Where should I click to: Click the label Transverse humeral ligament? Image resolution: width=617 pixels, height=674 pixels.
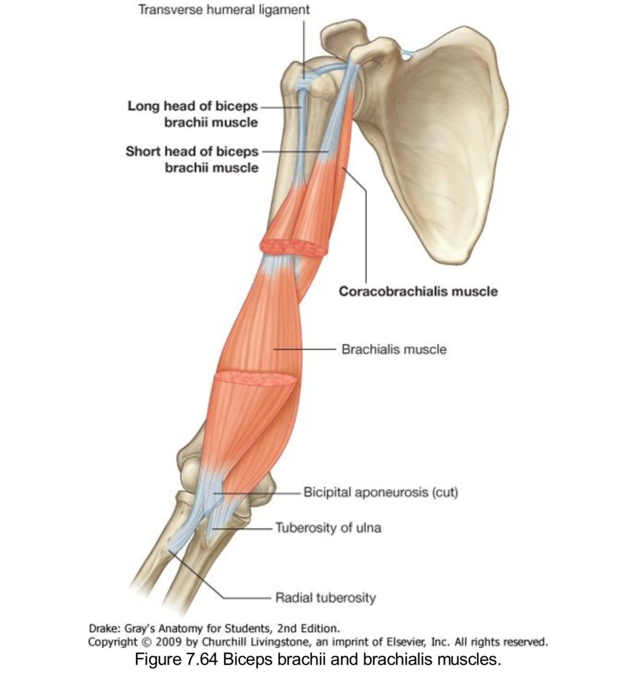tap(224, 9)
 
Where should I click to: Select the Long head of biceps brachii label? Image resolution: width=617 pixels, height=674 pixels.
tap(192, 114)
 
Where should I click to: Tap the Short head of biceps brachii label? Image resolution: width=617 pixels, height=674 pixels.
tap(192, 159)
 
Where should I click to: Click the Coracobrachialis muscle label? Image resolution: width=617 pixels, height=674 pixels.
tap(418, 291)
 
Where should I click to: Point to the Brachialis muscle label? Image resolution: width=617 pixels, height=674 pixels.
tap(394, 349)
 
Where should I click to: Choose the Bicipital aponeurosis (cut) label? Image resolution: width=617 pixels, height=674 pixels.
tap(381, 492)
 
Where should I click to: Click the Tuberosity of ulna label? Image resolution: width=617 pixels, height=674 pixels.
tap(328, 527)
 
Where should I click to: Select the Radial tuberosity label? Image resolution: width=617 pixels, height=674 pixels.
tap(326, 598)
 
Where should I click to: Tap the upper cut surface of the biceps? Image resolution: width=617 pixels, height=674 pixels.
tap(293, 247)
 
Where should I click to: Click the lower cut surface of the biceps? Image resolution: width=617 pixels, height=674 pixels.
tap(256, 378)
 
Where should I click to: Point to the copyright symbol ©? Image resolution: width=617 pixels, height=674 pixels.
tap(146, 642)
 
